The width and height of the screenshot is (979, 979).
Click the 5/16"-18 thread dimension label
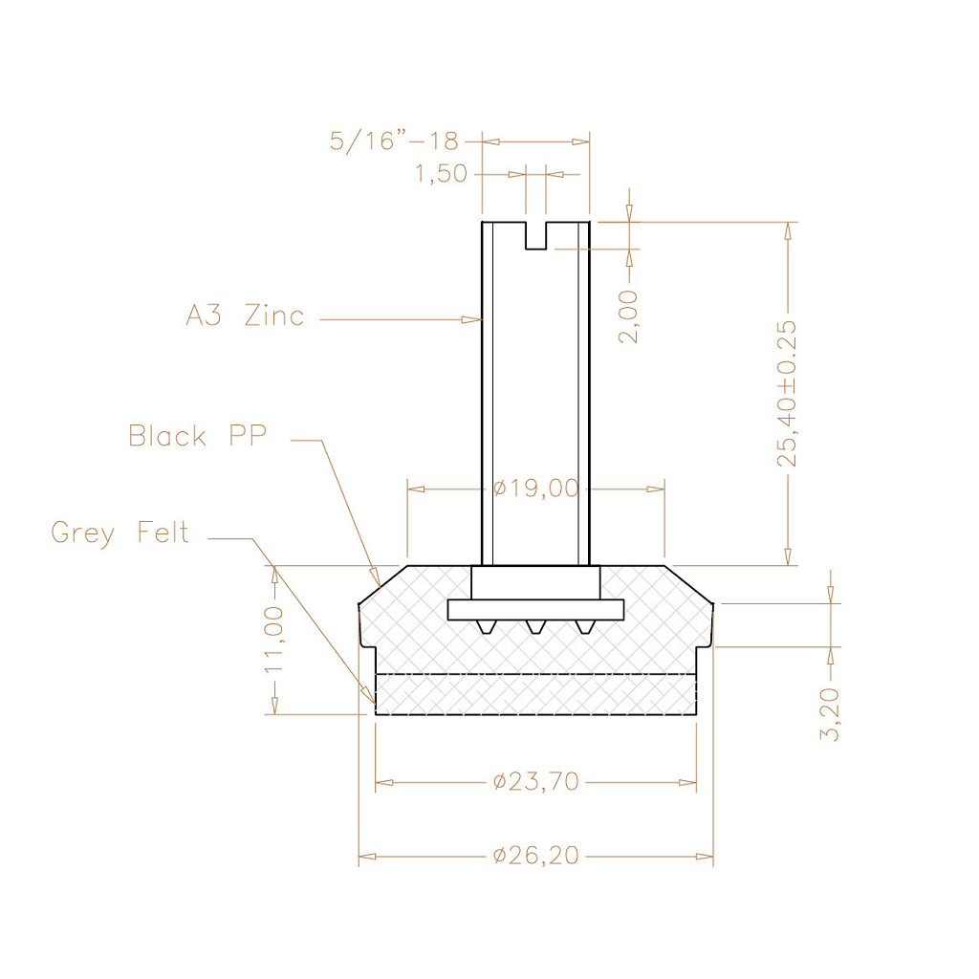point(394,141)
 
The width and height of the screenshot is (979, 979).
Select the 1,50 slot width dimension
point(442,174)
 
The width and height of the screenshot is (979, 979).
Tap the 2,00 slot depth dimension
point(629,316)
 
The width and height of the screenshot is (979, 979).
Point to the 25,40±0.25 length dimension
point(788,393)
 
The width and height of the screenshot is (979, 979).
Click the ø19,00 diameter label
point(536,489)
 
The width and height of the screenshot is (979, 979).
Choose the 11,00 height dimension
point(274,640)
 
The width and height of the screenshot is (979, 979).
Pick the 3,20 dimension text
point(830,714)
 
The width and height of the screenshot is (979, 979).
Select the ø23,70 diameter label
point(536,782)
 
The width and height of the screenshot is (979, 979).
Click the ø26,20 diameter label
point(536,856)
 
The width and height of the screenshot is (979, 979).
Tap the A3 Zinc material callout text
point(246,315)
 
